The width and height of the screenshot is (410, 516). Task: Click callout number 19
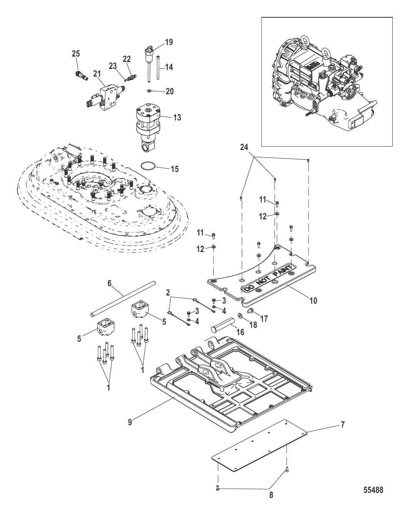pos(169,42)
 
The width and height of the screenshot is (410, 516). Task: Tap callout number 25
pos(75,53)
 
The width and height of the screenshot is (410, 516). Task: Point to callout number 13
pos(177,117)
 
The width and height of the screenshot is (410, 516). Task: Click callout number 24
pos(244,147)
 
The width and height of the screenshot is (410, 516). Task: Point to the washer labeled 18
pos(240,315)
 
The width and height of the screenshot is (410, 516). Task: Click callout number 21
pos(97,74)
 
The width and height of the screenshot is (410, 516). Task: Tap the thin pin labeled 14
pos(158,67)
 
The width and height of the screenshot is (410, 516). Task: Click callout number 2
pos(168,292)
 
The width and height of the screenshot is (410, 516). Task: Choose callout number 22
pos(127,59)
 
